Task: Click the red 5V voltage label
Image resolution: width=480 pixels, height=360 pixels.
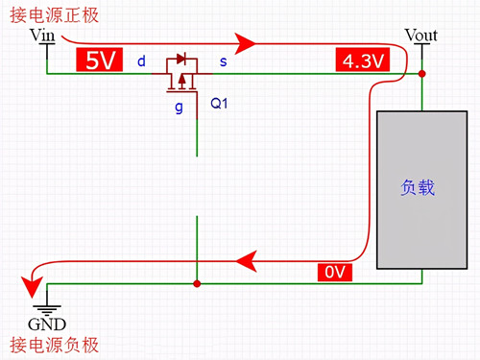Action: [x=100, y=60]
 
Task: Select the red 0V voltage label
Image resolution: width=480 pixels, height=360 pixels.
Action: [x=334, y=273]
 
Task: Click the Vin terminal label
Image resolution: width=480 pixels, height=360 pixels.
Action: [x=44, y=36]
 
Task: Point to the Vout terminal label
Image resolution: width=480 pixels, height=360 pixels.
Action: [x=420, y=36]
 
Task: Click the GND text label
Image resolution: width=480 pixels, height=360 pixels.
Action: [x=46, y=324]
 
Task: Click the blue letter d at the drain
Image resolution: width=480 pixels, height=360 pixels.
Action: [x=141, y=62]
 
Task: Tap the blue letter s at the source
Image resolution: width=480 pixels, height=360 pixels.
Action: [x=224, y=62]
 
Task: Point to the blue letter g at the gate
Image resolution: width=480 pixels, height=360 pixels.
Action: [x=178, y=107]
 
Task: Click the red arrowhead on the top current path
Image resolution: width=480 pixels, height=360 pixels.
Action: [x=247, y=42]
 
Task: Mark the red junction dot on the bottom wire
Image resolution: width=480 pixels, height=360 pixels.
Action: [x=197, y=283]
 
